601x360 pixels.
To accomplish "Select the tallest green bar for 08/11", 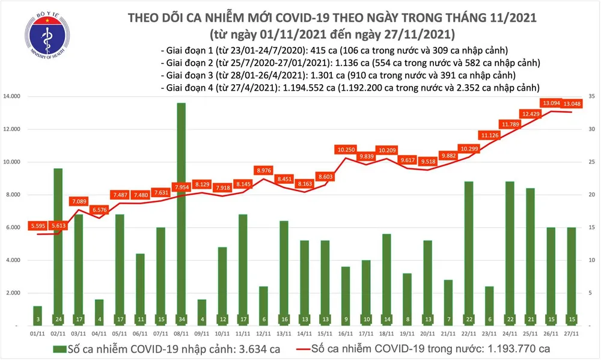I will pos(181,210).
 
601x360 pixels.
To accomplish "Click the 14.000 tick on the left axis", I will pos(21,96).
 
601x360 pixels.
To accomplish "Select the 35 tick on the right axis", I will pos(591,96).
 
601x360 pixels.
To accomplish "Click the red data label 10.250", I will pos(346,149).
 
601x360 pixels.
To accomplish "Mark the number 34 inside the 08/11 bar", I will pos(181,317).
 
